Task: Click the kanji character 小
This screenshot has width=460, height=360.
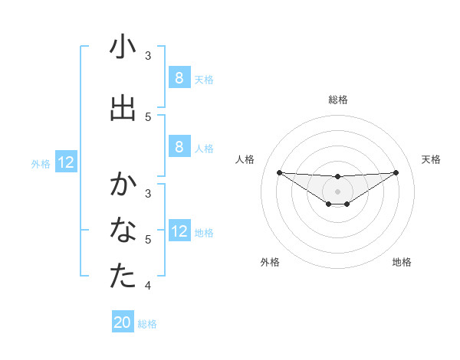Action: click(123, 47)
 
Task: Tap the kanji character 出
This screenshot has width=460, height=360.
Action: click(123, 108)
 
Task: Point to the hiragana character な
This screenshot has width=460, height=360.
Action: click(123, 231)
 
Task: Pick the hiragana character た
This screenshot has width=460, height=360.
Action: click(123, 277)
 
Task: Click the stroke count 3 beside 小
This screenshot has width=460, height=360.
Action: click(148, 56)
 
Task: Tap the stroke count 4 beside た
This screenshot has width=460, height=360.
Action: click(148, 286)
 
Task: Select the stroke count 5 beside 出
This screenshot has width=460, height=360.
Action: click(148, 116)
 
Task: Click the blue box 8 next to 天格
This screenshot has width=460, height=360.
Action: click(179, 78)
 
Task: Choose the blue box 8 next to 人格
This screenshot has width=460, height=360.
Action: click(179, 148)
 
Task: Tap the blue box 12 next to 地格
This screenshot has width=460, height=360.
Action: click(179, 231)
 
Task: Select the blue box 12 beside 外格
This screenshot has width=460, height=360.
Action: click(65, 162)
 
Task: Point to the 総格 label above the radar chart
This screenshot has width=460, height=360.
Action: click(337, 100)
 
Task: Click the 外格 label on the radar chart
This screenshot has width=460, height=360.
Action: click(270, 262)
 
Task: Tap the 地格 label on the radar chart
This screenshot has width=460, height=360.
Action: click(402, 262)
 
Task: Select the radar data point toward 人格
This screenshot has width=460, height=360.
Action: click(279, 172)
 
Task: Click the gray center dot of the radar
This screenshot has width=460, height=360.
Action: click(337, 191)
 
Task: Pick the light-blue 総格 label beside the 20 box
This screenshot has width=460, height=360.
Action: click(147, 324)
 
